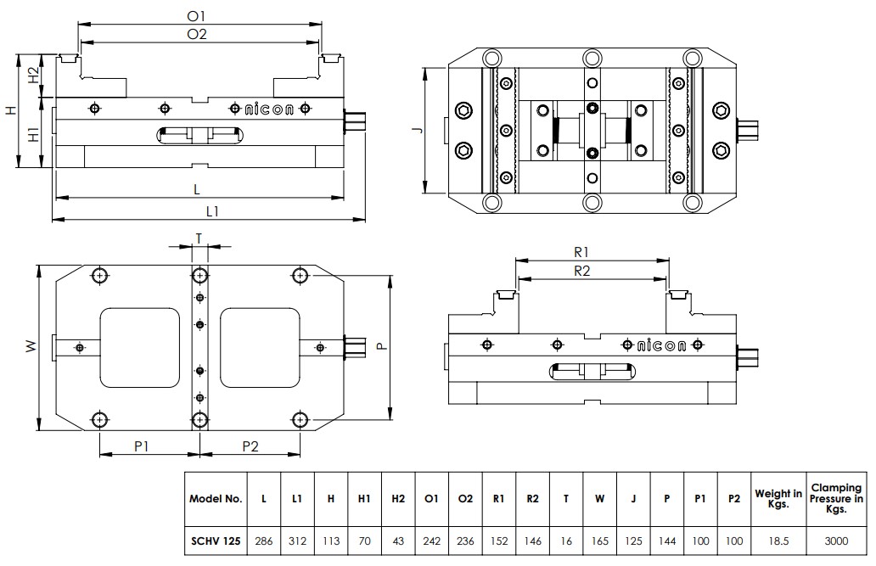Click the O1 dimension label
pyautogui.click(x=197, y=15)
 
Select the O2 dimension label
pyautogui.click(x=197, y=34)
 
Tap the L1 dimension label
pyautogui.click(x=211, y=211)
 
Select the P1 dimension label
pyautogui.click(x=142, y=446)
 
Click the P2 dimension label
pyautogui.click(x=250, y=446)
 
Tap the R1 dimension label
pyautogui.click(x=581, y=252)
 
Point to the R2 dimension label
pyautogui.click(x=581, y=271)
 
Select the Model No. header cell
pyautogui.click(x=216, y=498)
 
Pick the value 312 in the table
pyautogui.click(x=297, y=540)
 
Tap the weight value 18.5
pyautogui.click(x=778, y=540)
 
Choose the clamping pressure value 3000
pyautogui.click(x=836, y=540)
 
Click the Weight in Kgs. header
pyautogui.click(x=778, y=498)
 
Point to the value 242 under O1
pyautogui.click(x=431, y=540)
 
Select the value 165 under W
pyautogui.click(x=599, y=540)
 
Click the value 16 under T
pyautogui.click(x=566, y=540)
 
